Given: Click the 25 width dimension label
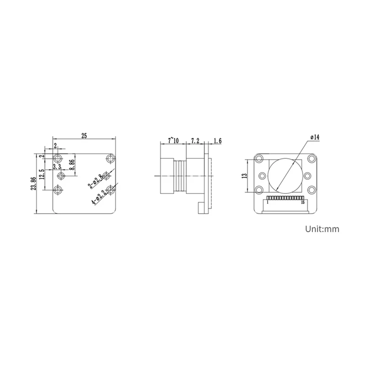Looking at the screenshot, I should [x=84, y=135].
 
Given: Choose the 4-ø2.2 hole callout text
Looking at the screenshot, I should [x=99, y=196].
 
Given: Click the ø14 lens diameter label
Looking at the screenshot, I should [x=314, y=137].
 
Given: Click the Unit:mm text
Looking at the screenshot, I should [x=323, y=229].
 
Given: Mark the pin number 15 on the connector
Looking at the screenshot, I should [x=303, y=202].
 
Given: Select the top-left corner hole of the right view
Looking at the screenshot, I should [x=259, y=159].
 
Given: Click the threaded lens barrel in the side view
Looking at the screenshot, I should [x=180, y=176].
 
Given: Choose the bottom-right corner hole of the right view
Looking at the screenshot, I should [x=312, y=190].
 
